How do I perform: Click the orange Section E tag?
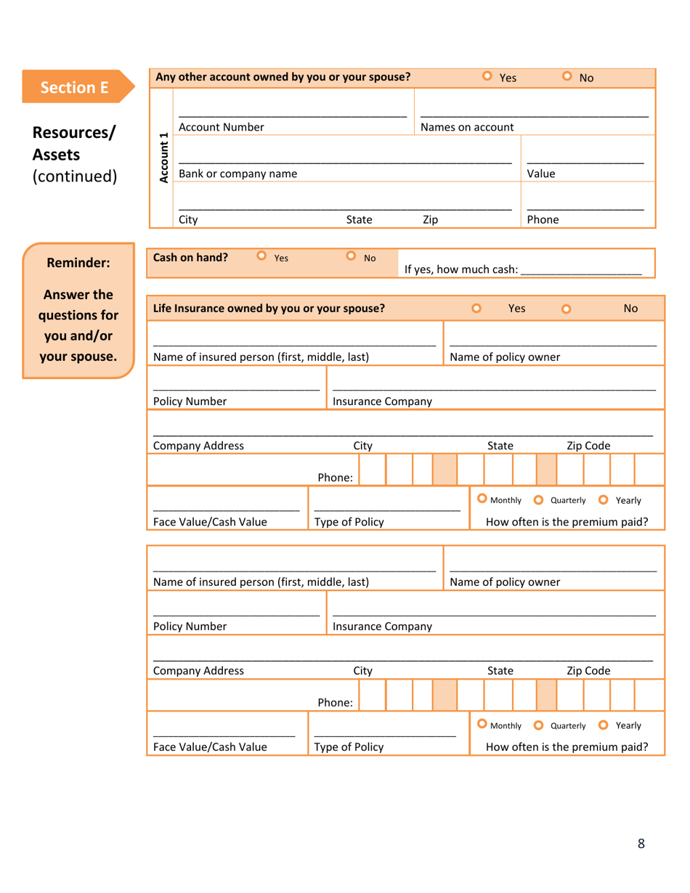tap(75, 87)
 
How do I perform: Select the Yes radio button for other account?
tap(487, 76)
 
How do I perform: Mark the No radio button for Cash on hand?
tap(352, 256)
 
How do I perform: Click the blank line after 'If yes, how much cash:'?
tap(581, 270)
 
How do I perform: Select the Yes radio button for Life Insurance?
tap(477, 308)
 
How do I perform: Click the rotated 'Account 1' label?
tap(163, 158)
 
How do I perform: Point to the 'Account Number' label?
tap(221, 127)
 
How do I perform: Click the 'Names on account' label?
tap(467, 127)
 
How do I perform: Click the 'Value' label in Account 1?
tap(540, 174)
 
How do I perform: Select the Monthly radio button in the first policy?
tap(482, 499)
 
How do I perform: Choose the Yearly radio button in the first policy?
tap(604, 499)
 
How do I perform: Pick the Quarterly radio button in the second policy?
tap(538, 725)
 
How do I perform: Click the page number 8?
tap(641, 843)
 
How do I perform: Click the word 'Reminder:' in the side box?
tap(78, 263)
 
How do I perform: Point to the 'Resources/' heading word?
tap(74, 134)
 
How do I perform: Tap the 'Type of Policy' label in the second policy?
tap(349, 746)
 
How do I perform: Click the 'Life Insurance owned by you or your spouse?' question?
tap(269, 308)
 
